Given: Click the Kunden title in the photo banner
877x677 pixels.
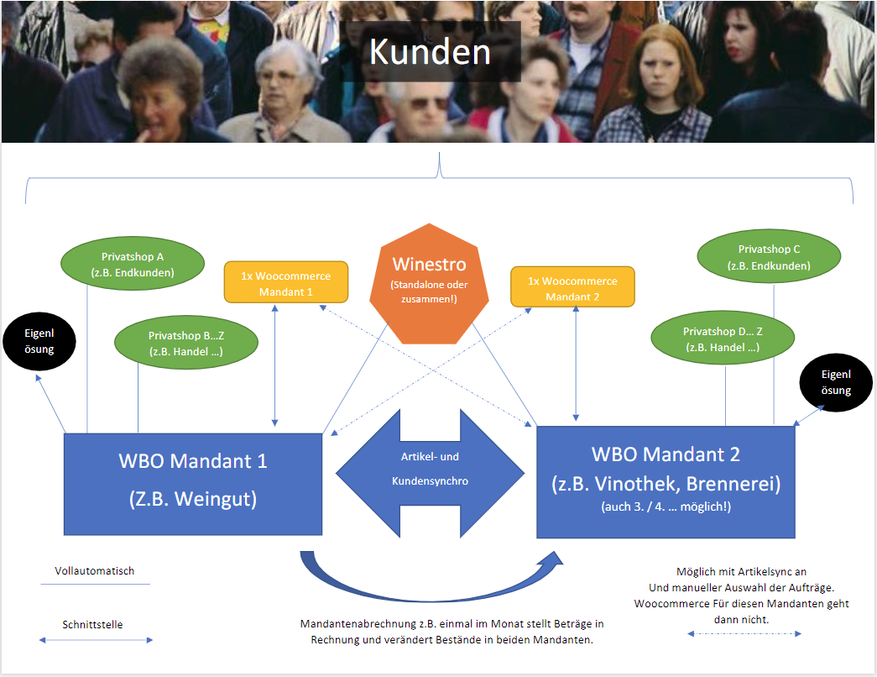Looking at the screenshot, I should coord(430,52).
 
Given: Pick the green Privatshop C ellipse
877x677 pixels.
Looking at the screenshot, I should coord(769,257).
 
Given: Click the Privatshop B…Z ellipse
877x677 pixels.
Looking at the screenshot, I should coord(185,343).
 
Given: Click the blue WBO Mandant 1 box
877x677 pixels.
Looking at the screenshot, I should coord(193,484).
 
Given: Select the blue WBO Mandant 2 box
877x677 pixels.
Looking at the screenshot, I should coord(666,481).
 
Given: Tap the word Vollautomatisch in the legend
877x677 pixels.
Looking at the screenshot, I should coord(95,571).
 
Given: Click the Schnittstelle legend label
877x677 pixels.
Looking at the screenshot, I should coord(92,624).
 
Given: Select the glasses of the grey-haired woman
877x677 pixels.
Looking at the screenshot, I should coord(283,76).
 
